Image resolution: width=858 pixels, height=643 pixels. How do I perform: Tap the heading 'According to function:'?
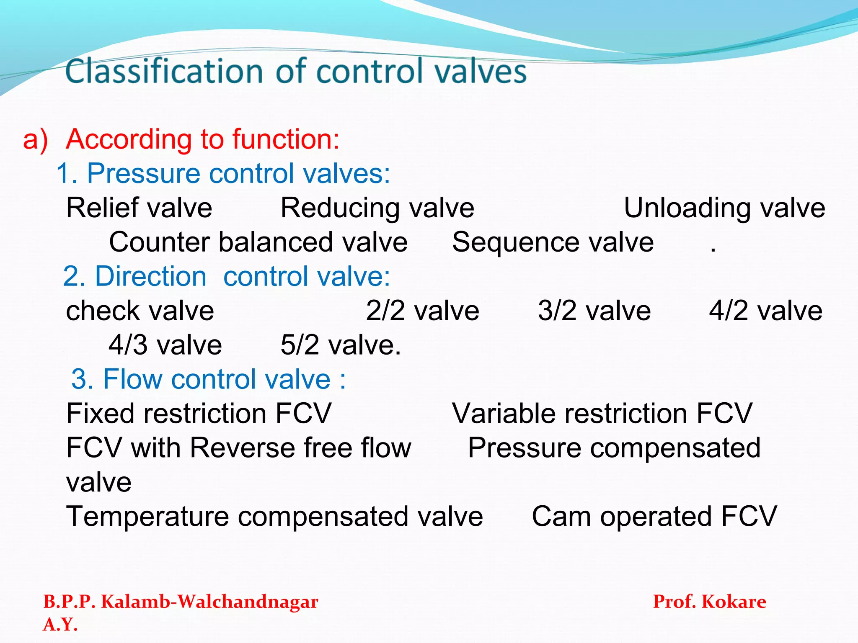tap(202, 139)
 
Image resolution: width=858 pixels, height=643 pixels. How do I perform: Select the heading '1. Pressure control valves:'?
tap(223, 173)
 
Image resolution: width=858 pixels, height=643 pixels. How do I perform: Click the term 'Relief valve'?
tap(139, 208)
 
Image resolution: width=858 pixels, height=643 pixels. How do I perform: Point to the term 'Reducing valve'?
tap(377, 208)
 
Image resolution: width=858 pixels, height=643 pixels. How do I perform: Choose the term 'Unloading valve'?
tap(724, 208)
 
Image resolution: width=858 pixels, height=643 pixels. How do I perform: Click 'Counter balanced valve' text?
tap(258, 242)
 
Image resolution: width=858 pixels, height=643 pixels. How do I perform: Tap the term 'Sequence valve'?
tap(553, 242)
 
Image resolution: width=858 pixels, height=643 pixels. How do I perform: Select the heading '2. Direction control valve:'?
tap(226, 276)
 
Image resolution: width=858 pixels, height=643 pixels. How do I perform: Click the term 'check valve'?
tap(140, 311)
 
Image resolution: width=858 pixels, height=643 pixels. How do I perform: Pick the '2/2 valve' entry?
tap(422, 311)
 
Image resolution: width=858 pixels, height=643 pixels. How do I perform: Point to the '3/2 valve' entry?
tap(594, 311)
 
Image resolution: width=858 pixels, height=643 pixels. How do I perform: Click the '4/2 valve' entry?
tap(765, 311)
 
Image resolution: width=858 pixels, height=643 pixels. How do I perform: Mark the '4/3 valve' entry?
tap(165, 345)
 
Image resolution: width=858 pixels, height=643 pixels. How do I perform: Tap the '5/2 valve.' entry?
tap(341, 345)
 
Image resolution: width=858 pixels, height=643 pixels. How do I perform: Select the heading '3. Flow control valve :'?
tap(209, 379)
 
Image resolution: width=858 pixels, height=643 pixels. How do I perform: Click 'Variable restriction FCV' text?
tap(602, 414)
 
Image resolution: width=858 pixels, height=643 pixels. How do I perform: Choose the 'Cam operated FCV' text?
tap(654, 516)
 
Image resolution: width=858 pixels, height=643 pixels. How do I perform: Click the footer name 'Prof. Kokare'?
tap(709, 602)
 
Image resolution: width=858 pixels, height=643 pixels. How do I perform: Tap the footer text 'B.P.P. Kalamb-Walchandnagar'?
tap(181, 602)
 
